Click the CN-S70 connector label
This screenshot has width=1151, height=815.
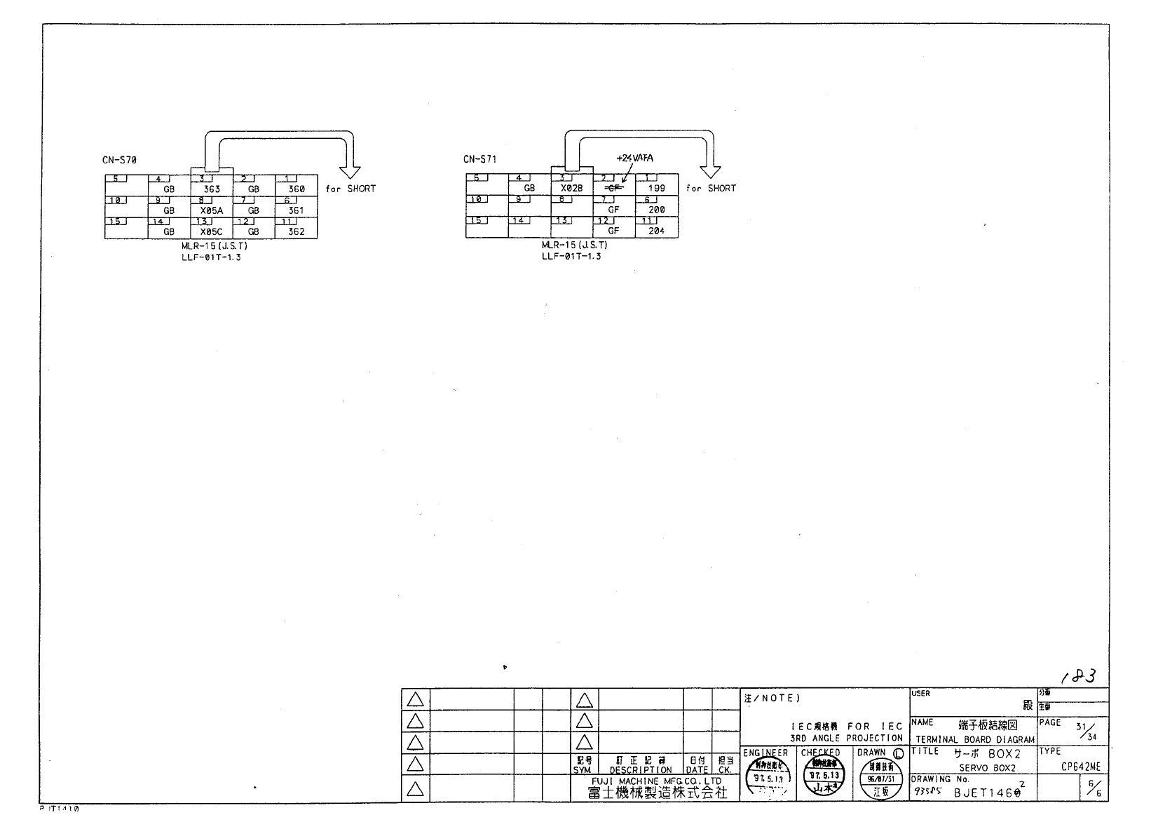[119, 160]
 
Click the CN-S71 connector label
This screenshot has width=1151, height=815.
[479, 159]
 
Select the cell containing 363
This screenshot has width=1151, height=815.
[212, 189]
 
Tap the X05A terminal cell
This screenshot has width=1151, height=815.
[212, 210]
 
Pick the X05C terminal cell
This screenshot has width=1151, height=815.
[212, 231]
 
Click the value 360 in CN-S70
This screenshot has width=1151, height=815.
[297, 189]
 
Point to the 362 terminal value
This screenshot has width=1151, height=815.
[297, 231]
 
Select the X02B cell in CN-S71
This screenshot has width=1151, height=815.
[572, 188]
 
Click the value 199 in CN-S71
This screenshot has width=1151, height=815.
[657, 188]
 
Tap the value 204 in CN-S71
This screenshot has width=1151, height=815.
[657, 230]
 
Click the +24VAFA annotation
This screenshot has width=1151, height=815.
[634, 159]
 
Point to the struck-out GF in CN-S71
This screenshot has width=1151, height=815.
[613, 188]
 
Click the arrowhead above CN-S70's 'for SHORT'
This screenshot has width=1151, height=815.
[349, 172]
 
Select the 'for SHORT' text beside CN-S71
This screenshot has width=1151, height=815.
[711, 188]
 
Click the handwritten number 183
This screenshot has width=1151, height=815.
[1079, 676]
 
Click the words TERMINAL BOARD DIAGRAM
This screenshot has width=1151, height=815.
[974, 739]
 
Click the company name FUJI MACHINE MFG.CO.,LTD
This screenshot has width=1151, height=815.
[656, 781]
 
